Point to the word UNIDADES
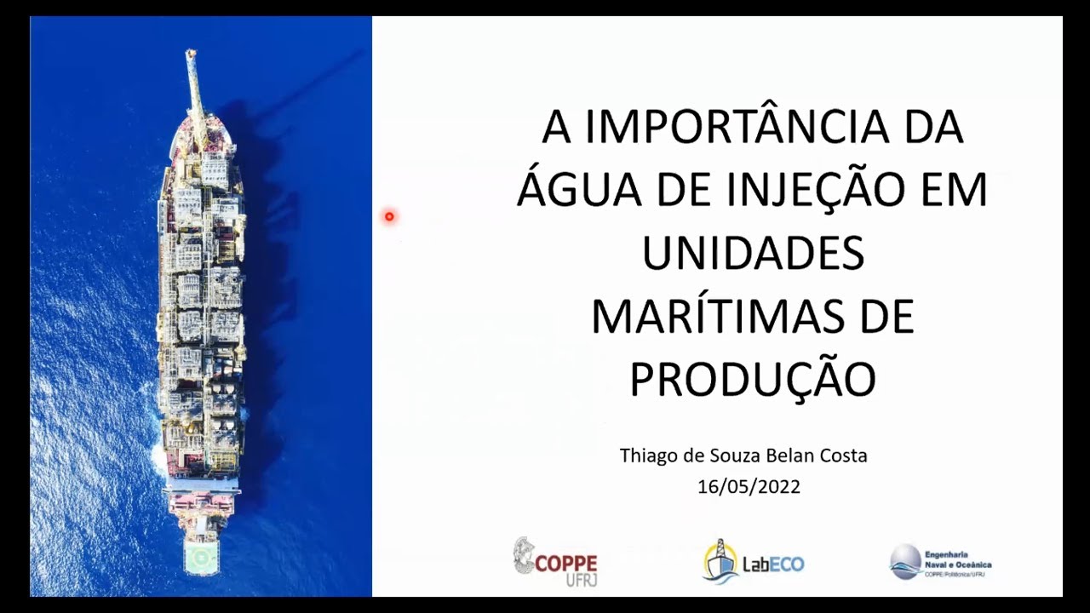pos(753,254)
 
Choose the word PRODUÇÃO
pos(753,380)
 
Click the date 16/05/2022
pos(749,487)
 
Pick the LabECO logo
pos(754,563)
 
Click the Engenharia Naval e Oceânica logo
pos(941,563)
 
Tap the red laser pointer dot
pos(389,217)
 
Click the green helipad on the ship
pos(201,558)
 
